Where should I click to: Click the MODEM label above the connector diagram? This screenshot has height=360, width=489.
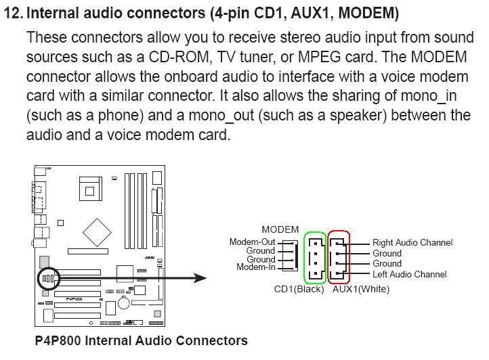280,230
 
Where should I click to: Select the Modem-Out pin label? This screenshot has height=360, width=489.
252,242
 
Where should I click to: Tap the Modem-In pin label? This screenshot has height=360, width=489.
255,267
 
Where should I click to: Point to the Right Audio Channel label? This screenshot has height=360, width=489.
412,242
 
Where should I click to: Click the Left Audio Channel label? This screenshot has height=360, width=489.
409,274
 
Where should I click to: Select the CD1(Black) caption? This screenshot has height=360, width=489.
299,289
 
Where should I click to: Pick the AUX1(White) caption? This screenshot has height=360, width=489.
361,289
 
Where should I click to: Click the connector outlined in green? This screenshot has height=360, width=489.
315,257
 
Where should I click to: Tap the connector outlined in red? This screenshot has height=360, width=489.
339,257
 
